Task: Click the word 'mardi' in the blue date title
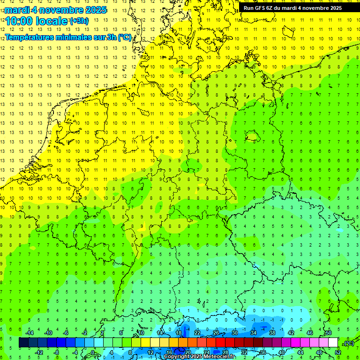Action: (x=17, y=10)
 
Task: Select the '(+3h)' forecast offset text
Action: (x=78, y=21)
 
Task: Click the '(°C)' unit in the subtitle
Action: (x=124, y=37)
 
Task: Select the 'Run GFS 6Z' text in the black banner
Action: (x=258, y=8)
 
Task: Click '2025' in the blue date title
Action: (x=94, y=10)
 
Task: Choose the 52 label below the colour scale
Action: (x=337, y=352)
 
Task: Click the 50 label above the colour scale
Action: (x=328, y=332)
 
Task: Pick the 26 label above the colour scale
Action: (x=216, y=332)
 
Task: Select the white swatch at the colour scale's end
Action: (x=333, y=343)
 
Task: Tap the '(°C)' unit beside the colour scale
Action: (x=348, y=343)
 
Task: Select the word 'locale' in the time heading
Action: (x=50, y=21)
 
